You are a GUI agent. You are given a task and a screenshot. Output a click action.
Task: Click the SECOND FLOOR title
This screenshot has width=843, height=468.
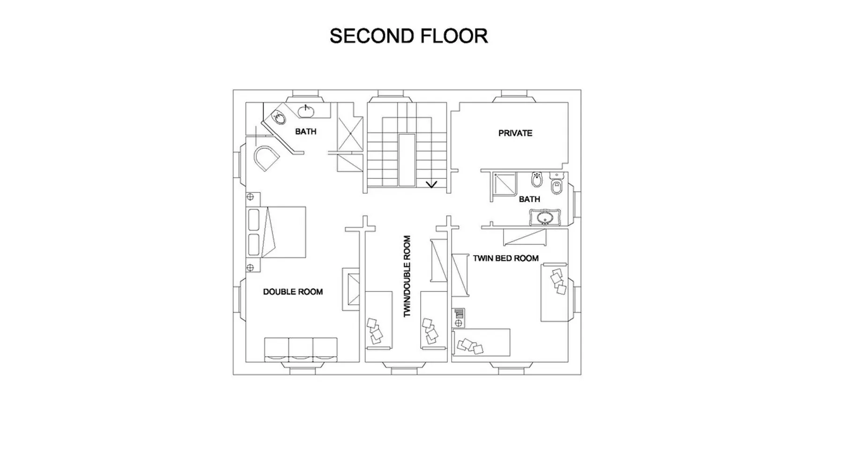click(408, 36)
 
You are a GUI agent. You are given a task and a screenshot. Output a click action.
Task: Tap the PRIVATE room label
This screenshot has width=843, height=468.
click(515, 133)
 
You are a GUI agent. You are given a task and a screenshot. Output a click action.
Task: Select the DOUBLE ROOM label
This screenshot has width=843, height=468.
click(293, 292)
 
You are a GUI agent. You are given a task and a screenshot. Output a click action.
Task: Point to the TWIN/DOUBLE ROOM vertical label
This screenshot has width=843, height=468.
click(407, 276)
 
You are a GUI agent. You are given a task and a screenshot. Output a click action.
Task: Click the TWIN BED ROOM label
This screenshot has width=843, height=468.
click(505, 258)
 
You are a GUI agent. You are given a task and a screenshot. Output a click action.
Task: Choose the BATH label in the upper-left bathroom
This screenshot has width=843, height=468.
click(305, 132)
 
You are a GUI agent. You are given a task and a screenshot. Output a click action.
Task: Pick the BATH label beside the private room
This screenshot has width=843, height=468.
click(529, 199)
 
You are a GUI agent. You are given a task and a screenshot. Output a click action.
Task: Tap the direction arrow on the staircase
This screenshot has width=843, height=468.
click(431, 184)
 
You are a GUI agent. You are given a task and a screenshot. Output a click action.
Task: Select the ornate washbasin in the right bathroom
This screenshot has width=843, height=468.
click(545, 218)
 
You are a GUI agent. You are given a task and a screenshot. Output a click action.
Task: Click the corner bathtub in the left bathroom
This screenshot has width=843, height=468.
click(266, 158)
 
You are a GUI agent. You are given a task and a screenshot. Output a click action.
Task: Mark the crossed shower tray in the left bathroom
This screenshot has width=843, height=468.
click(350, 134)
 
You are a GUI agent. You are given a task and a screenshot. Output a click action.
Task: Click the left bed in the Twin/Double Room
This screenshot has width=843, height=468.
click(378, 320)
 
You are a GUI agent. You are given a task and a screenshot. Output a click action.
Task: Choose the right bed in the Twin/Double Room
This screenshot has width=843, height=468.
click(434, 320)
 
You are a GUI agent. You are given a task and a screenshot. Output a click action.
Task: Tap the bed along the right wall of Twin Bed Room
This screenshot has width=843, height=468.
click(555, 292)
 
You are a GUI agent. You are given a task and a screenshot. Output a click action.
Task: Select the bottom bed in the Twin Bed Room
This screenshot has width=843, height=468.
click(481, 343)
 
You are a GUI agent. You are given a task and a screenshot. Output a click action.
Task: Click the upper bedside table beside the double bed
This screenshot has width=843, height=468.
click(250, 197)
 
